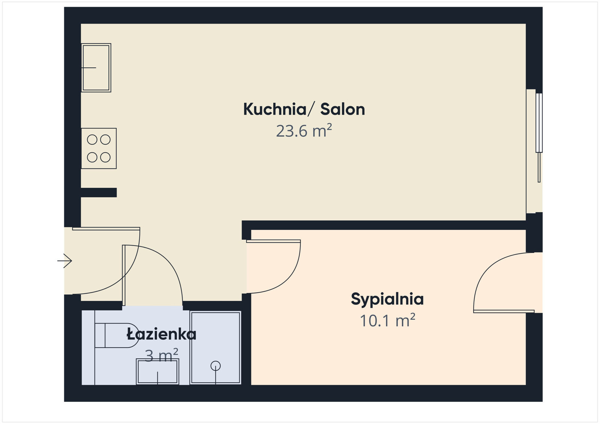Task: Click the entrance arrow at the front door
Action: tap(65, 261)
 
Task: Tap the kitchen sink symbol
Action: tap(96, 68)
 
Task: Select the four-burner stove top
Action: tap(99, 148)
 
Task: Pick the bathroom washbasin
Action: tap(157, 372)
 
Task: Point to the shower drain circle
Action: tap(216, 366)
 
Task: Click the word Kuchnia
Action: tap(275, 109)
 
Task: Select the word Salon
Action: tap(342, 109)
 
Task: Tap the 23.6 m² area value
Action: tap(304, 131)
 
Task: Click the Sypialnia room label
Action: tap(387, 299)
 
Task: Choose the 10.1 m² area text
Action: tap(387, 321)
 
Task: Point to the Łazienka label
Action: tap(161, 334)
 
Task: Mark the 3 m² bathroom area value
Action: tap(161, 355)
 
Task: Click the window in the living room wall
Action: tap(539, 124)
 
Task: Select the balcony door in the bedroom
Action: tap(504, 311)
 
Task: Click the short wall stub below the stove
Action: tap(99, 193)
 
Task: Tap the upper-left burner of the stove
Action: tap(92, 140)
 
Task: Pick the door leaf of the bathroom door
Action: tap(124, 275)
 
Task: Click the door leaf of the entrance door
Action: tap(106, 228)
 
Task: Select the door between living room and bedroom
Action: tap(273, 241)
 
